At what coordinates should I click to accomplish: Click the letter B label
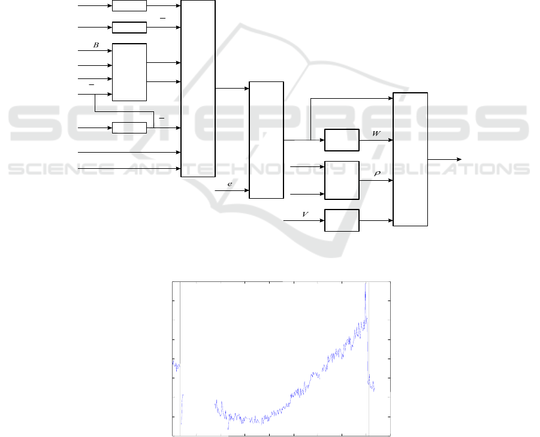coord(96,45)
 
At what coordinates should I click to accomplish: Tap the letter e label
coord(230,184)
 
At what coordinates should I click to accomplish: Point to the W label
coord(376,133)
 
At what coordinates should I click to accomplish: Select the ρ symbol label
coord(377,174)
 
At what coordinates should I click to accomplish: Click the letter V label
coord(305,214)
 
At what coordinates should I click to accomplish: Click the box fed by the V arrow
coord(342,220)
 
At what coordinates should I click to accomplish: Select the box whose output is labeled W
coord(342,140)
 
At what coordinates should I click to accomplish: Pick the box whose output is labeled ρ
coord(342,180)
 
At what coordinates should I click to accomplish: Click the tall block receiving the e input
coord(266,140)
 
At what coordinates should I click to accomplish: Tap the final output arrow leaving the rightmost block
coord(445,159)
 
